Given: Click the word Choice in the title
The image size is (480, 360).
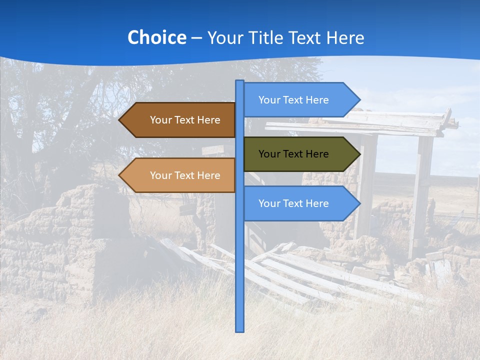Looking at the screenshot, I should [x=156, y=37].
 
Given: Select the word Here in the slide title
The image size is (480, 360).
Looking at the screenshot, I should [x=345, y=37].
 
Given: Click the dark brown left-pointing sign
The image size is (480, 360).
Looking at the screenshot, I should [x=180, y=120].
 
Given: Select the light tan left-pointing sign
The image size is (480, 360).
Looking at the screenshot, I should [x=180, y=175].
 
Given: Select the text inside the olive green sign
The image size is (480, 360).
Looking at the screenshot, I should [x=293, y=154].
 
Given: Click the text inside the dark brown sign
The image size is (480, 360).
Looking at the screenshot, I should [x=185, y=120].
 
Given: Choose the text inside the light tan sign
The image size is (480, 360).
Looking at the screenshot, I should [x=185, y=175].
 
